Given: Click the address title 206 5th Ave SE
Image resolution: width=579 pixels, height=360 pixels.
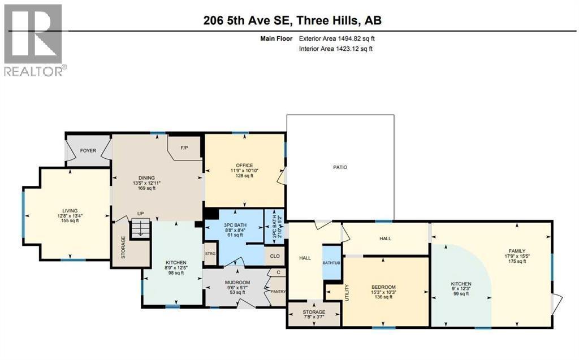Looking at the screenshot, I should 292,20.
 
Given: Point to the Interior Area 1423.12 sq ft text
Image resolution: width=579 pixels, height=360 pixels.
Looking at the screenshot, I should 336,49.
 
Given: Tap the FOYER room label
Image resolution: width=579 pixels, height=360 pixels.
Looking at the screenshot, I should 88,151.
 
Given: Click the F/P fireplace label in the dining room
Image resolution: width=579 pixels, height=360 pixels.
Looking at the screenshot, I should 184,148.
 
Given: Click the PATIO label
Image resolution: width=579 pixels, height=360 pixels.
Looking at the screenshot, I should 340,167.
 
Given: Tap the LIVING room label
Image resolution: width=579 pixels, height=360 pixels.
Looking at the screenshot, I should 71,210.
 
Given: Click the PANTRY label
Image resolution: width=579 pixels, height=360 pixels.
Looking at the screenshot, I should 278,292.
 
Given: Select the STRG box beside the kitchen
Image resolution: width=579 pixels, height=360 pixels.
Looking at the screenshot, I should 210,254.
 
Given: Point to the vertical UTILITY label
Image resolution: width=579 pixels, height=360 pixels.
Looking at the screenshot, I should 347,292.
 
